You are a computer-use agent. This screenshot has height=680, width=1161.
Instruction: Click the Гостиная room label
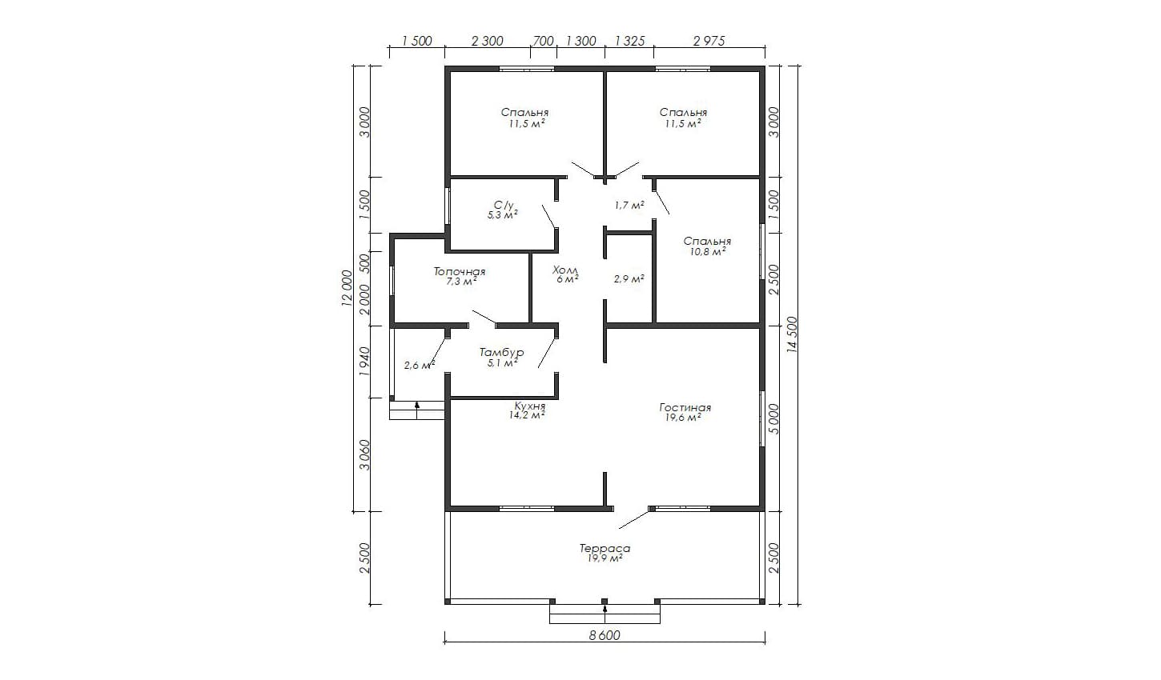point(685,407)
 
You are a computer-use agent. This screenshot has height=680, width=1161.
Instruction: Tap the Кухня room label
point(530,406)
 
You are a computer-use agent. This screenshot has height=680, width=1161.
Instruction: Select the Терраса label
point(605,548)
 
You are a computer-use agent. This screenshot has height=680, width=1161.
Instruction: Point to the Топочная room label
point(460,272)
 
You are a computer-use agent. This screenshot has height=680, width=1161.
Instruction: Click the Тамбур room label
point(501,353)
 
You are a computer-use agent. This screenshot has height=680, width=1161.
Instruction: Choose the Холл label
point(565,270)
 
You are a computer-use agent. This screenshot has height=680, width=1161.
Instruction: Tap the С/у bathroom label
point(504,205)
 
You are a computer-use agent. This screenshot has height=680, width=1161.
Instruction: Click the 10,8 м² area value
point(708,252)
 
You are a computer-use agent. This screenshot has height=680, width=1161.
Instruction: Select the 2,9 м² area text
point(629,278)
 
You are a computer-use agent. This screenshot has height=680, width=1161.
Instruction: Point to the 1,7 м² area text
point(629,205)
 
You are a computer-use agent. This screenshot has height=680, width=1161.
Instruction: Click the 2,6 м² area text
point(420,365)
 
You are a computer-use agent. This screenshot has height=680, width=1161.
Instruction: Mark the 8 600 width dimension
point(605,635)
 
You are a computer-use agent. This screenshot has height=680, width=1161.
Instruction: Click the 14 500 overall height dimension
point(791,335)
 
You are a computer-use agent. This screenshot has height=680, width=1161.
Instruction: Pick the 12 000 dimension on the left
point(347,289)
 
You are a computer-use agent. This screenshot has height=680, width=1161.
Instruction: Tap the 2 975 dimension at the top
point(709,41)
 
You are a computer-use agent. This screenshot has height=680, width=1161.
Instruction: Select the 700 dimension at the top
point(543,41)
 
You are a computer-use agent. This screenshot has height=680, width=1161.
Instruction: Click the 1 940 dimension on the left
point(364,362)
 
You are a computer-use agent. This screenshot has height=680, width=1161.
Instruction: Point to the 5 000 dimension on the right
point(773,418)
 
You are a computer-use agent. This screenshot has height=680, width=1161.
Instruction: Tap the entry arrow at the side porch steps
point(417,410)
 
